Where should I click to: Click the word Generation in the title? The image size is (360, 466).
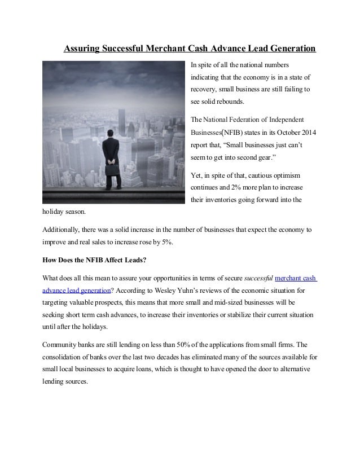tap(287, 49)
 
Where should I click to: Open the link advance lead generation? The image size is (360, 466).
tap(76, 291)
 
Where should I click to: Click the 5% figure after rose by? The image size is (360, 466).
tap(170, 243)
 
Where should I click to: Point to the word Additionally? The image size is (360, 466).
tap(63, 230)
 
